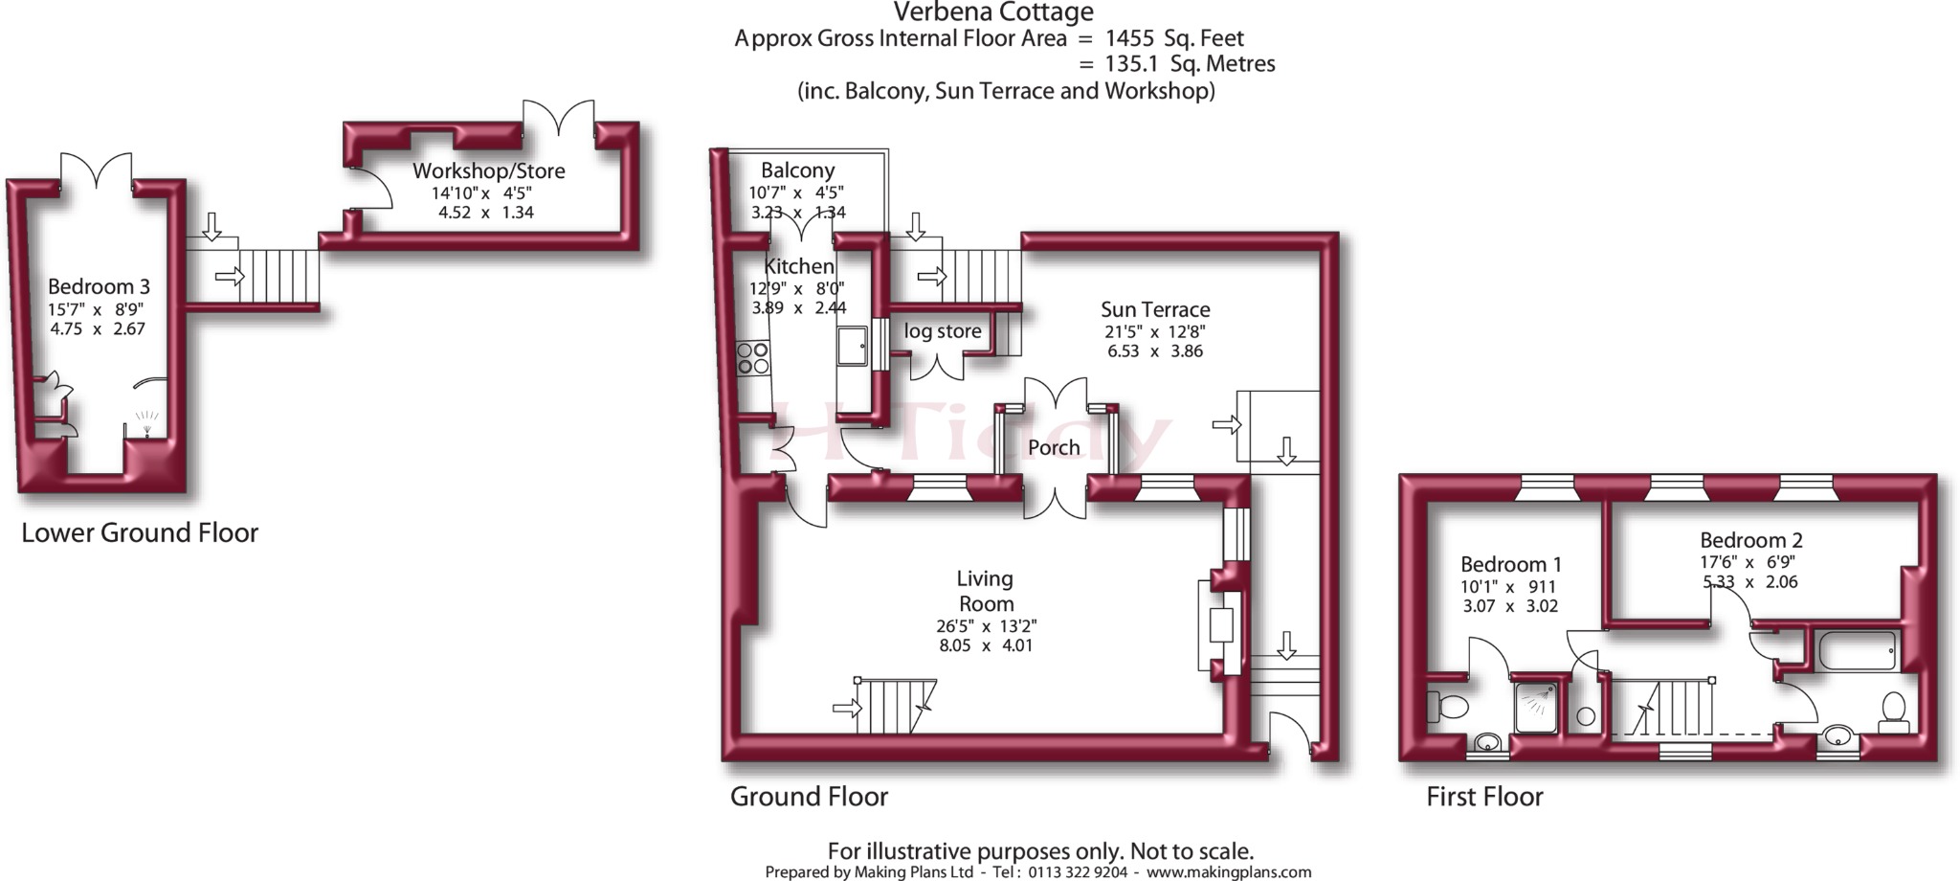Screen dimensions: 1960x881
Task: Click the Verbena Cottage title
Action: (x=993, y=12)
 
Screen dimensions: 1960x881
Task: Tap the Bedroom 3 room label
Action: (x=99, y=286)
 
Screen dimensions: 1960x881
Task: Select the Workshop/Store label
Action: (x=489, y=170)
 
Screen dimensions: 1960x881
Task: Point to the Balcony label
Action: (x=798, y=169)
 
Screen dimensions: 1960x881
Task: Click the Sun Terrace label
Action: (x=1155, y=309)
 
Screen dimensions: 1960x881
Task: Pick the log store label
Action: (x=943, y=331)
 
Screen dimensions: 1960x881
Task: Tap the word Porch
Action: (x=1054, y=447)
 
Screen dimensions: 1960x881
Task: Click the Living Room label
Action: (x=986, y=591)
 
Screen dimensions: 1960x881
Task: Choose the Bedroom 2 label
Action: (x=1751, y=540)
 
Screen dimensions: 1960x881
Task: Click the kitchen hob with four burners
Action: (x=753, y=358)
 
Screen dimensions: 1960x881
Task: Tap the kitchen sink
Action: (x=853, y=346)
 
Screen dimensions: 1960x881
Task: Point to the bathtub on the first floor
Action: (x=1857, y=651)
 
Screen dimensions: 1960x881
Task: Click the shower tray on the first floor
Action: (x=1536, y=708)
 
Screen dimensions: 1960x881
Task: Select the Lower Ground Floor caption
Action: (x=140, y=532)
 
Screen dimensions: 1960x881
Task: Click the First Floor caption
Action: (x=1484, y=797)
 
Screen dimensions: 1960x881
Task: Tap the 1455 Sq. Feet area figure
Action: (x=1174, y=38)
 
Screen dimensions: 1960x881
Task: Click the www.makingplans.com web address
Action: (x=1229, y=872)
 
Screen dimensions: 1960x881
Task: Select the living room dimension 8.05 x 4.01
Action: (x=986, y=645)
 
